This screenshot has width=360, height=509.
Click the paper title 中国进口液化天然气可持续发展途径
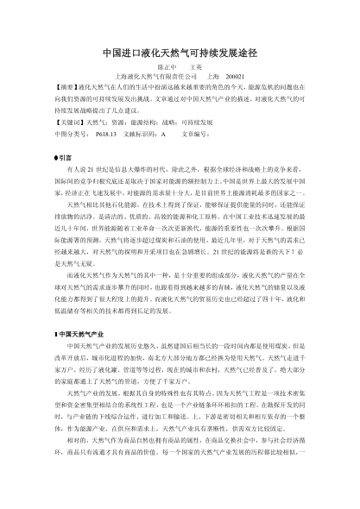(x=179, y=52)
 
